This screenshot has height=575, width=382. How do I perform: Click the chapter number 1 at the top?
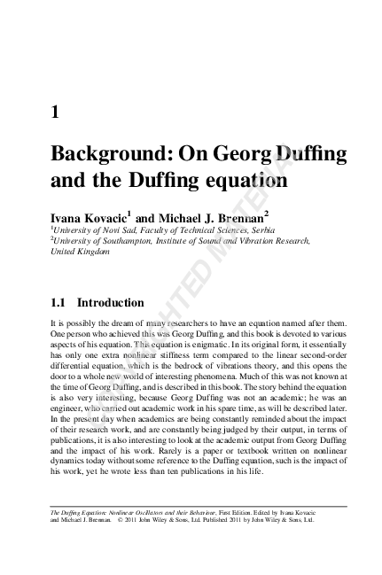coord(56,113)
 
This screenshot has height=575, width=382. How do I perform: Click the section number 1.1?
coord(61,302)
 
